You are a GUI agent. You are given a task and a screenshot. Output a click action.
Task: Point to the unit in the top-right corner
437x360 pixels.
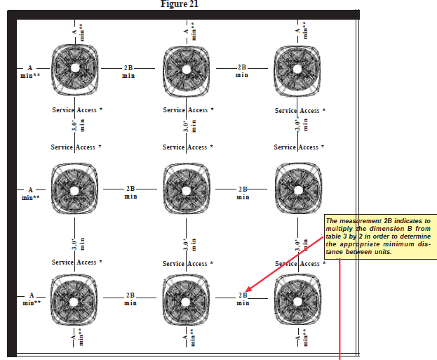(x=297, y=68)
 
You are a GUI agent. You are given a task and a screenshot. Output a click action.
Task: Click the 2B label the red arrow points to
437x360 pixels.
(x=243, y=299)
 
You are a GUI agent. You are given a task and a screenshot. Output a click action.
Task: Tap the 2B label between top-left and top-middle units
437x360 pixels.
(x=128, y=72)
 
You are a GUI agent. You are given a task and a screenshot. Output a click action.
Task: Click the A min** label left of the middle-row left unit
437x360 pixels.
(x=30, y=193)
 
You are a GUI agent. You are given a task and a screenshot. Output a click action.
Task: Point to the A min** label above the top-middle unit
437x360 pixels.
(x=188, y=31)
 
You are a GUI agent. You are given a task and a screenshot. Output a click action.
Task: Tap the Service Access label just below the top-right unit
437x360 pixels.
(x=300, y=110)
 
